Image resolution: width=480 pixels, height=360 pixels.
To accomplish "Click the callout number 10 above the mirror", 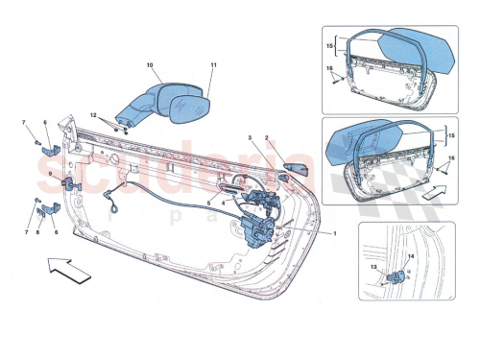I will point(150,66).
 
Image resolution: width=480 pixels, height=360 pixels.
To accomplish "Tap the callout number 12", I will point(95,117).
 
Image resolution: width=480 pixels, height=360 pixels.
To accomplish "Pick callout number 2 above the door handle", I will point(267,138).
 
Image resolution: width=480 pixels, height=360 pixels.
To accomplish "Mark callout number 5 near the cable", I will point(209,204).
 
